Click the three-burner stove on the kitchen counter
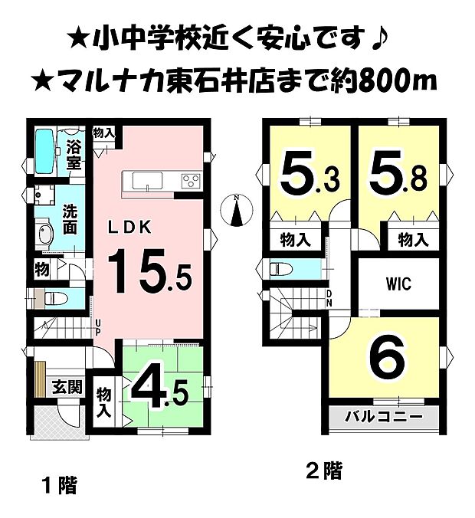pyautogui.click(x=189, y=181)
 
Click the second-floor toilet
pyautogui.click(x=280, y=270)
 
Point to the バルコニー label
pyautogui.click(x=384, y=418)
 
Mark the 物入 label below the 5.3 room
pyautogui.click(x=294, y=241)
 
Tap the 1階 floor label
pyautogui.click(x=57, y=484)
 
